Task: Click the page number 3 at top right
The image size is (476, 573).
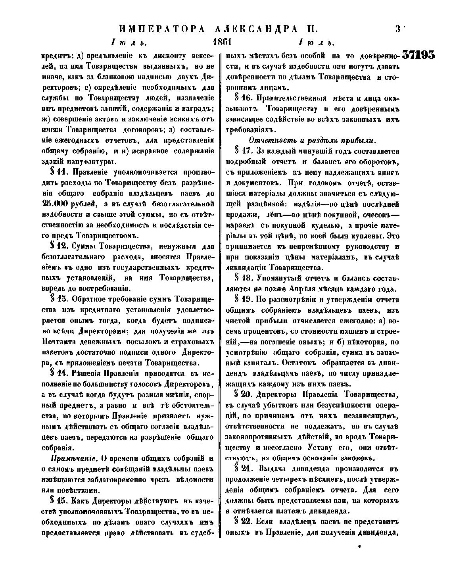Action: [x=397, y=29]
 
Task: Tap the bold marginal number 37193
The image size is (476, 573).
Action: [x=418, y=55]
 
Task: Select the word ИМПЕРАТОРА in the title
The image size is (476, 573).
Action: [x=159, y=29]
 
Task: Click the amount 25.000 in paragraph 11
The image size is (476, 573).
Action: [x=55, y=204]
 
